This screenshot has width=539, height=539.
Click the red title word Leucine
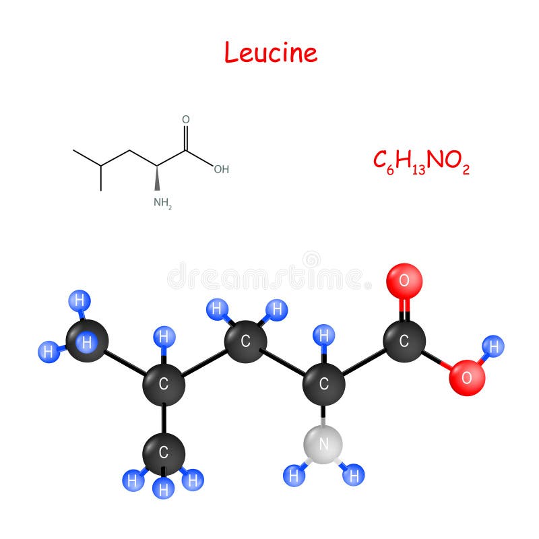point(271,53)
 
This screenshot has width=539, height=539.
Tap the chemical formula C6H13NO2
point(422,162)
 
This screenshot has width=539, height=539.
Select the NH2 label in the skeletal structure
point(162,203)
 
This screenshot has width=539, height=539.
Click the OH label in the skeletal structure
point(222,169)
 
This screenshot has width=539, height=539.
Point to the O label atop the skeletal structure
point(186,119)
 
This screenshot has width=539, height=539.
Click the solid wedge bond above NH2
point(157,178)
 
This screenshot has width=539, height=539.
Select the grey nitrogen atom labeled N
point(323,445)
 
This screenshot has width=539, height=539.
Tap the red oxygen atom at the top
point(404,281)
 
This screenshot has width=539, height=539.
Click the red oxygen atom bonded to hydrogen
point(467,378)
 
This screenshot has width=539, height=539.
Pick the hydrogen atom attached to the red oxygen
point(493,346)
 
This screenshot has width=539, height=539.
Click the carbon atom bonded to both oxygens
point(404,341)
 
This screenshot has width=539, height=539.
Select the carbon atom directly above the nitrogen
point(323,384)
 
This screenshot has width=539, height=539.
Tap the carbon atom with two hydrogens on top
point(245,342)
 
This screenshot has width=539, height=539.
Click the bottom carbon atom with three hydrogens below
point(164,453)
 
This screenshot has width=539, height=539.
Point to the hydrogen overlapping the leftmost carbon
point(87,342)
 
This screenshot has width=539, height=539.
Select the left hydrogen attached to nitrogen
point(294,476)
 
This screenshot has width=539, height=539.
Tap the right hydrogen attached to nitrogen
point(353,475)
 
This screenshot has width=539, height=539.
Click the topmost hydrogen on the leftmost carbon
point(80,300)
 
